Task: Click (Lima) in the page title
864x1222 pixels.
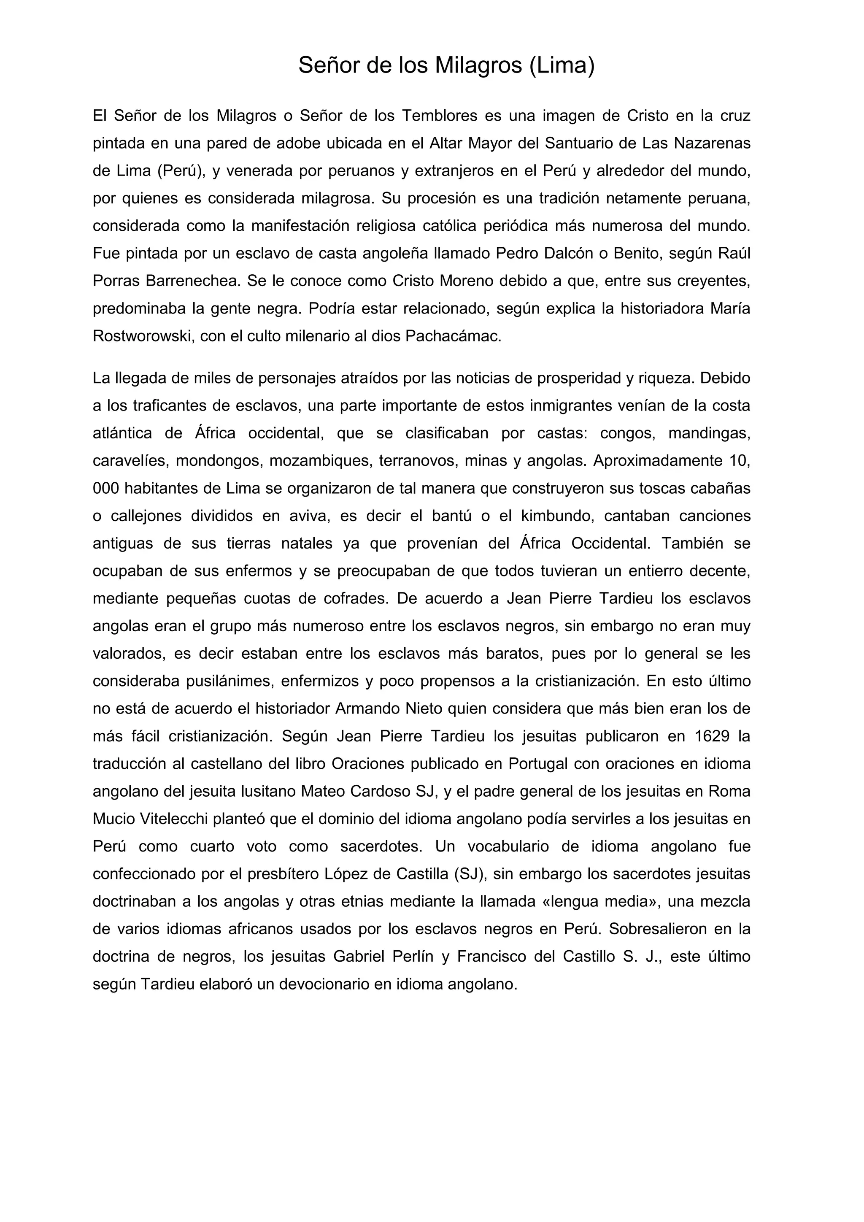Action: [562, 65]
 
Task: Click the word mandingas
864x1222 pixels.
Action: [709, 433]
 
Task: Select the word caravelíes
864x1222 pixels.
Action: [130, 461]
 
